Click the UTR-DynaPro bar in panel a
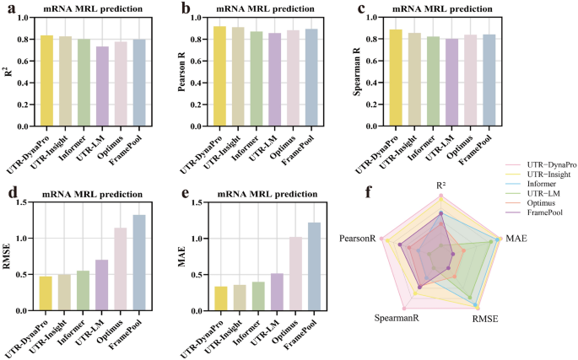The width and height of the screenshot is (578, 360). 47,80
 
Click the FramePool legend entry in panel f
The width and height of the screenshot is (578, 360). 537,238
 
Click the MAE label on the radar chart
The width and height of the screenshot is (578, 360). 516,239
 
